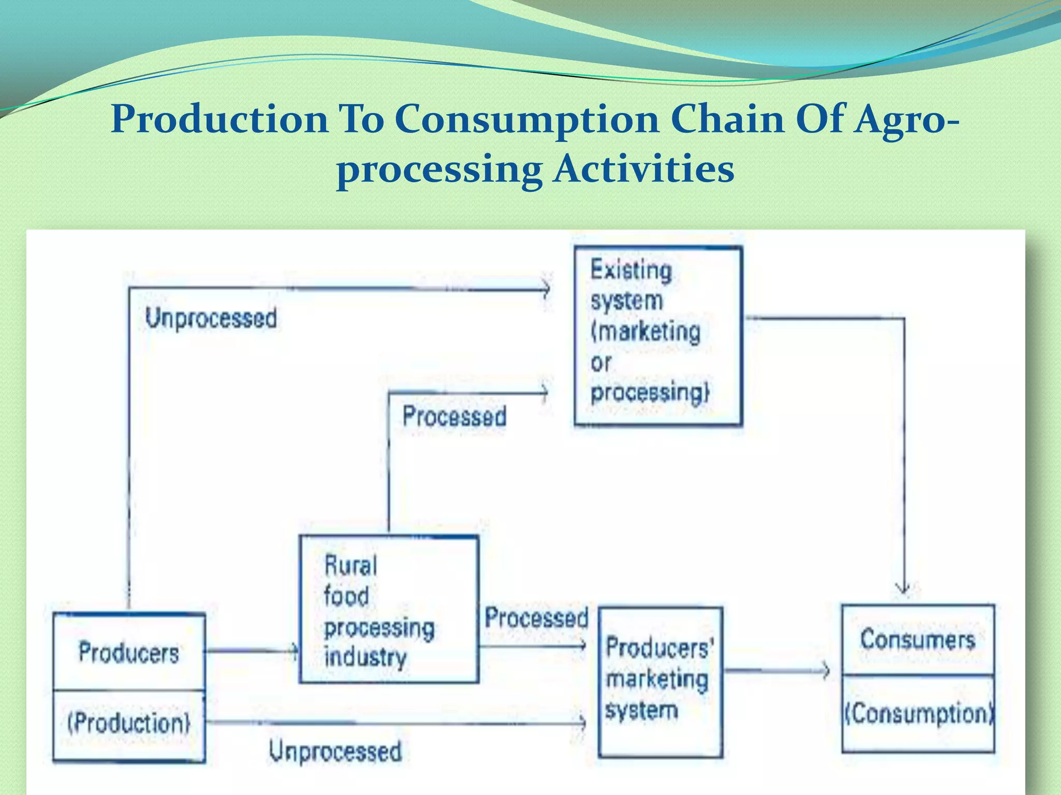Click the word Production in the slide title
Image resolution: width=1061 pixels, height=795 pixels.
click(x=220, y=119)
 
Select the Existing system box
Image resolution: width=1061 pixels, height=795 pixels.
click(x=658, y=336)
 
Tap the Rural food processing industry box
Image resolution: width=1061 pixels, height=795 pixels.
click(x=389, y=609)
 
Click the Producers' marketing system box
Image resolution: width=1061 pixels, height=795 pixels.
click(x=660, y=682)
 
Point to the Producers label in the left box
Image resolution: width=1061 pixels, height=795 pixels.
click(x=128, y=652)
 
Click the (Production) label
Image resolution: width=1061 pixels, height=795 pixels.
click(x=128, y=723)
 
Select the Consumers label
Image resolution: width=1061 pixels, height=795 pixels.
click(x=917, y=640)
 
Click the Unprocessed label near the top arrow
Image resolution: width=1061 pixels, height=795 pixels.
click(x=210, y=318)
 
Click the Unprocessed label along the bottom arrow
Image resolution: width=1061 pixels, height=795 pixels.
click(x=335, y=751)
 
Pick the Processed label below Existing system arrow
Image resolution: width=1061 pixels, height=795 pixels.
click(x=454, y=417)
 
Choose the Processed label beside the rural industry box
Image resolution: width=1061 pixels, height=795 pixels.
click(x=536, y=618)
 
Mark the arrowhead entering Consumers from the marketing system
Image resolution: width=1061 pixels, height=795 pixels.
click(x=826, y=671)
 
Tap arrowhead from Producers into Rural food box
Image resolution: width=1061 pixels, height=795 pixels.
click(x=295, y=651)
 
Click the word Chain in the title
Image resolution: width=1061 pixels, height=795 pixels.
click(x=727, y=119)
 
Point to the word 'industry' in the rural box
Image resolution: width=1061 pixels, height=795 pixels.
click(x=365, y=657)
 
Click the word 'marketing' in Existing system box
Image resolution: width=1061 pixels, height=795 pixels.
click(x=646, y=331)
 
